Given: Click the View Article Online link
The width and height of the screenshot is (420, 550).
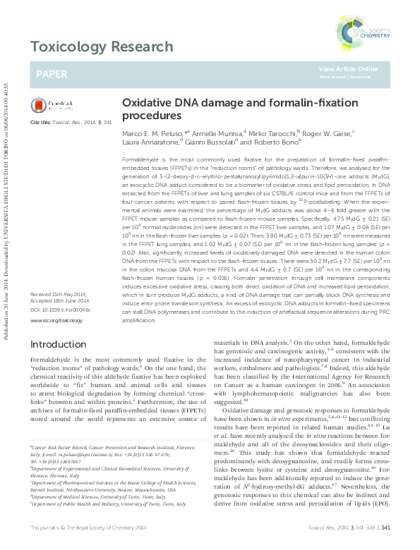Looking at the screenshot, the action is pyautogui.click(x=348, y=68).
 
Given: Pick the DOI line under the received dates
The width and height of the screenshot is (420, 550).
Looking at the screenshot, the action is pyautogui.click(x=57, y=310).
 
